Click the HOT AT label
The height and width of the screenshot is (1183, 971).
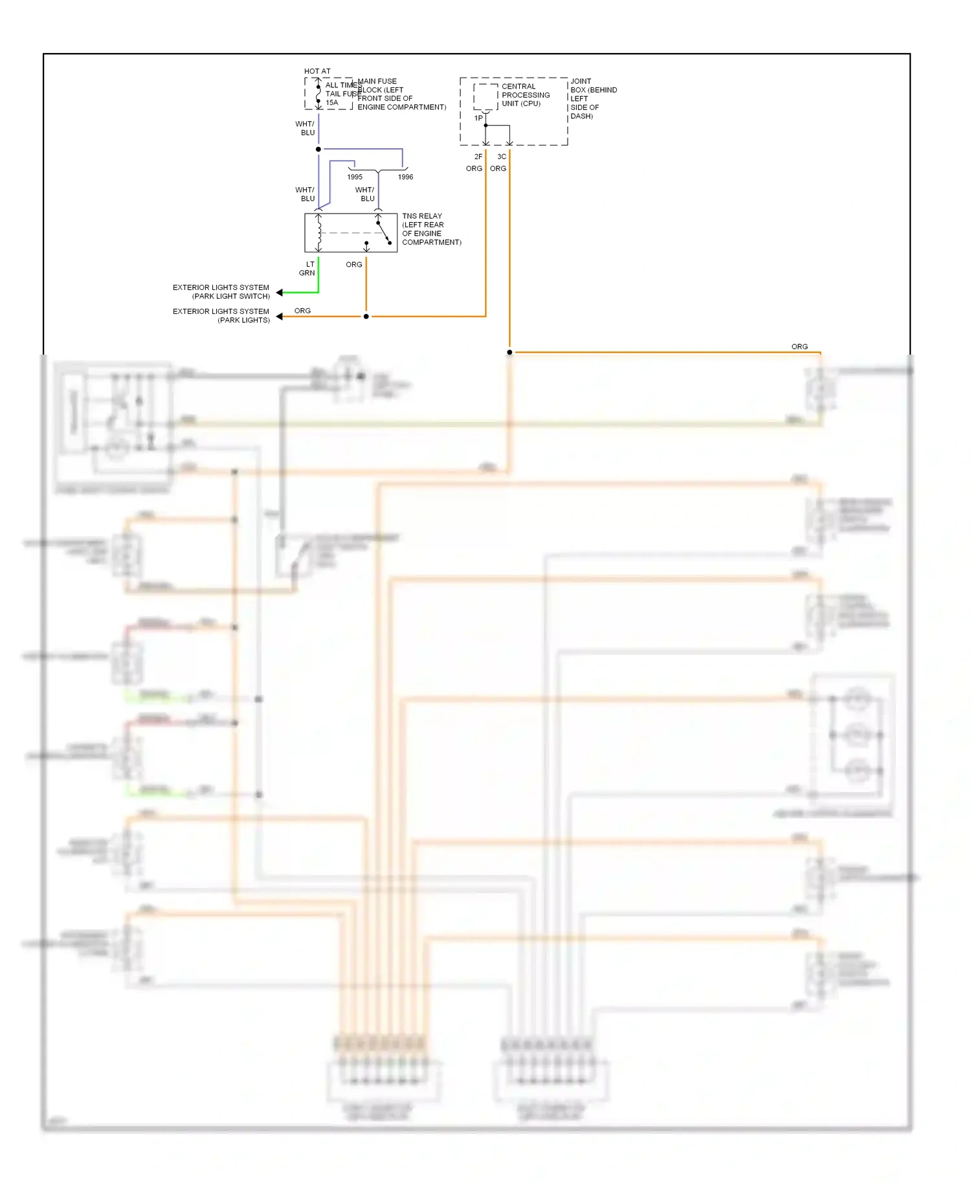tap(317, 71)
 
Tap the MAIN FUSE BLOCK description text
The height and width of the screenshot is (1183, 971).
tap(401, 94)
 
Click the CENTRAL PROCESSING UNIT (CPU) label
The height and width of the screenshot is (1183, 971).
tap(525, 95)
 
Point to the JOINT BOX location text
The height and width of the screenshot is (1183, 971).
tap(592, 99)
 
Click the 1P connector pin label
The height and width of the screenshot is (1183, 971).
tap(478, 118)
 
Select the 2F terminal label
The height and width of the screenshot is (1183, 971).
tap(478, 157)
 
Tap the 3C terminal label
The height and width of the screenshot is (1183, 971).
tap(502, 157)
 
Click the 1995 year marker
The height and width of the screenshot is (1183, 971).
tap(355, 177)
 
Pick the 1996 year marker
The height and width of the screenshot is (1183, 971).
tap(405, 177)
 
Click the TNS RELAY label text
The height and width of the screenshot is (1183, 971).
tap(431, 229)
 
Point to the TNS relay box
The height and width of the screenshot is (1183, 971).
tap(350, 233)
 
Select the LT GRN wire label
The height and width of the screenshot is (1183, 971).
tap(307, 269)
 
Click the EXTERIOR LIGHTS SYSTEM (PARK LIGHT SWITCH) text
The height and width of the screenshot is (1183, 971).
tap(221, 292)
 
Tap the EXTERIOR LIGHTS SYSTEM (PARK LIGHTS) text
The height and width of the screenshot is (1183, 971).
tap(221, 316)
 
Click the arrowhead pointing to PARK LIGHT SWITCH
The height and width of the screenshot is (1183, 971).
tap(280, 293)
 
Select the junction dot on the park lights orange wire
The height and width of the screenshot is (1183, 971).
tap(366, 316)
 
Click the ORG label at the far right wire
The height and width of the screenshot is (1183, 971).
tap(799, 347)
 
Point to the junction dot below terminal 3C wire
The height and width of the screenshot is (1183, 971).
tap(509, 352)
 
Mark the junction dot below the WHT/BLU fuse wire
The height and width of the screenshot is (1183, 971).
tap(318, 149)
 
